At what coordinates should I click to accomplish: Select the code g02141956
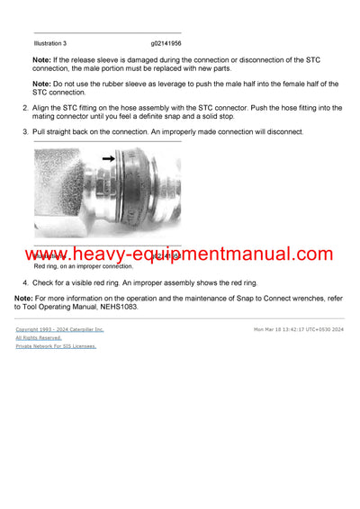pyautogui.click(x=171, y=43)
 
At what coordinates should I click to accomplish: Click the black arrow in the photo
pyautogui.click(x=109, y=157)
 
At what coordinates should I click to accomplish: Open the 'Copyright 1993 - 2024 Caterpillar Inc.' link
pyautogui.click(x=59, y=329)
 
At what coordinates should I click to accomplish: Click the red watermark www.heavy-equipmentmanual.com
pyautogui.click(x=179, y=254)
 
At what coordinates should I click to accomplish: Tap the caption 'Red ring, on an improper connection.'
pyautogui.click(x=83, y=266)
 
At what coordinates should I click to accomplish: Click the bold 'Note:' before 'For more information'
pyautogui.click(x=24, y=299)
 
